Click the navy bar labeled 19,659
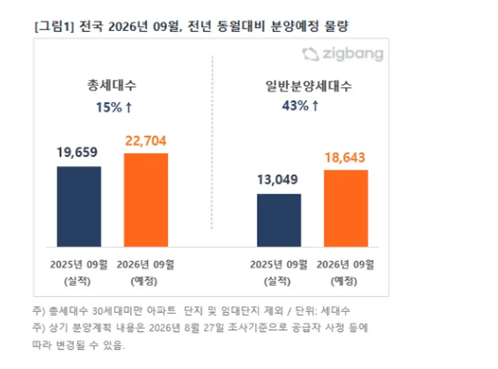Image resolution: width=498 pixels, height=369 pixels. point(79,206)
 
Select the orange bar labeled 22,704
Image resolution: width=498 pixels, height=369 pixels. point(146,200)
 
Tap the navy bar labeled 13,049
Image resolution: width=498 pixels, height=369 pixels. point(279,220)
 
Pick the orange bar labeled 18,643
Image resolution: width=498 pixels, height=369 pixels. point(346,209)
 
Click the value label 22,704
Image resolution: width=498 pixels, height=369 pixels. point(146,141)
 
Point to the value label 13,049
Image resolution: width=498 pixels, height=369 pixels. point(278,180)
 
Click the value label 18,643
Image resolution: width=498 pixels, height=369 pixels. point(345,158)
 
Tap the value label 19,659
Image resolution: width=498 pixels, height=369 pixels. point(77,153)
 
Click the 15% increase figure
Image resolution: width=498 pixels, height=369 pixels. point(109,107)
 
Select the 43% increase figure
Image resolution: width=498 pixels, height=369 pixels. point(295,106)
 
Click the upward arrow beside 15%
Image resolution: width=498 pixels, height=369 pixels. point(128,107)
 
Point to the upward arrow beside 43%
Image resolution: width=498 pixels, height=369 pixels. point(315,106)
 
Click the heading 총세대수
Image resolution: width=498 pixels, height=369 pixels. point(112,85)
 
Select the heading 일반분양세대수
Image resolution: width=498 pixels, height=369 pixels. point(309,86)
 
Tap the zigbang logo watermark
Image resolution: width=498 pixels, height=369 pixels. point(343,54)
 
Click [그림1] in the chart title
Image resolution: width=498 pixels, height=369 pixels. point(54,27)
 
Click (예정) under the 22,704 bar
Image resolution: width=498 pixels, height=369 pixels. point(144,281)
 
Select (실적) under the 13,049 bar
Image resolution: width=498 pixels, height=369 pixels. point(277,281)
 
